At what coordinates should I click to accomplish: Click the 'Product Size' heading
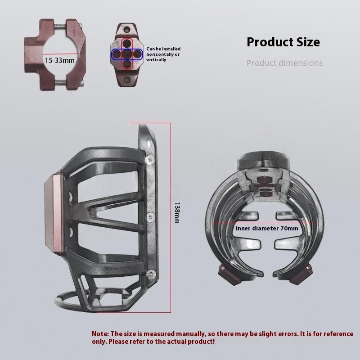[x=283, y=42]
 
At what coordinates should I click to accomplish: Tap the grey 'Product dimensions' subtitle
[x=284, y=63]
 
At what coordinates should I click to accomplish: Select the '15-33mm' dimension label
[x=59, y=61]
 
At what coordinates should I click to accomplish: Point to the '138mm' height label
[x=177, y=212]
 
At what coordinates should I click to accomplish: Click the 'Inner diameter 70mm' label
[x=267, y=229]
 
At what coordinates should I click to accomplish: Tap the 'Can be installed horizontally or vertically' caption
[x=163, y=54]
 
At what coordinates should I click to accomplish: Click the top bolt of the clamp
[x=60, y=28]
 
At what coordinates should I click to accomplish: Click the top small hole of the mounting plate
[x=126, y=29]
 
